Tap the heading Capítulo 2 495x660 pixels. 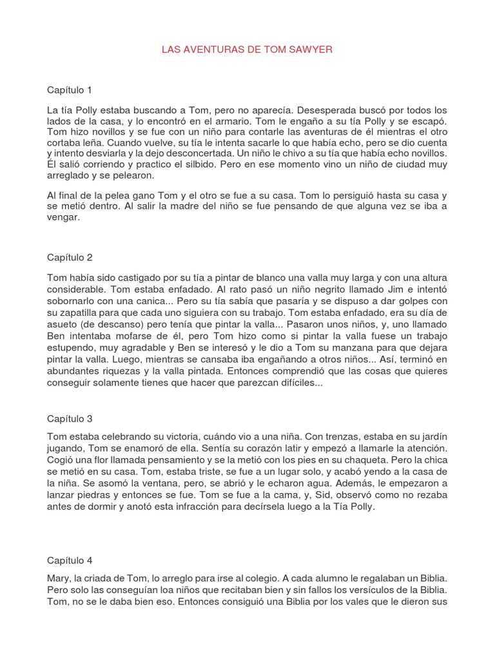[x=70, y=257]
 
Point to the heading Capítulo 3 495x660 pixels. [x=70, y=418]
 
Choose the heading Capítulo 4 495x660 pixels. [x=70, y=561]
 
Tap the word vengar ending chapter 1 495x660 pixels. [x=63, y=217]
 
